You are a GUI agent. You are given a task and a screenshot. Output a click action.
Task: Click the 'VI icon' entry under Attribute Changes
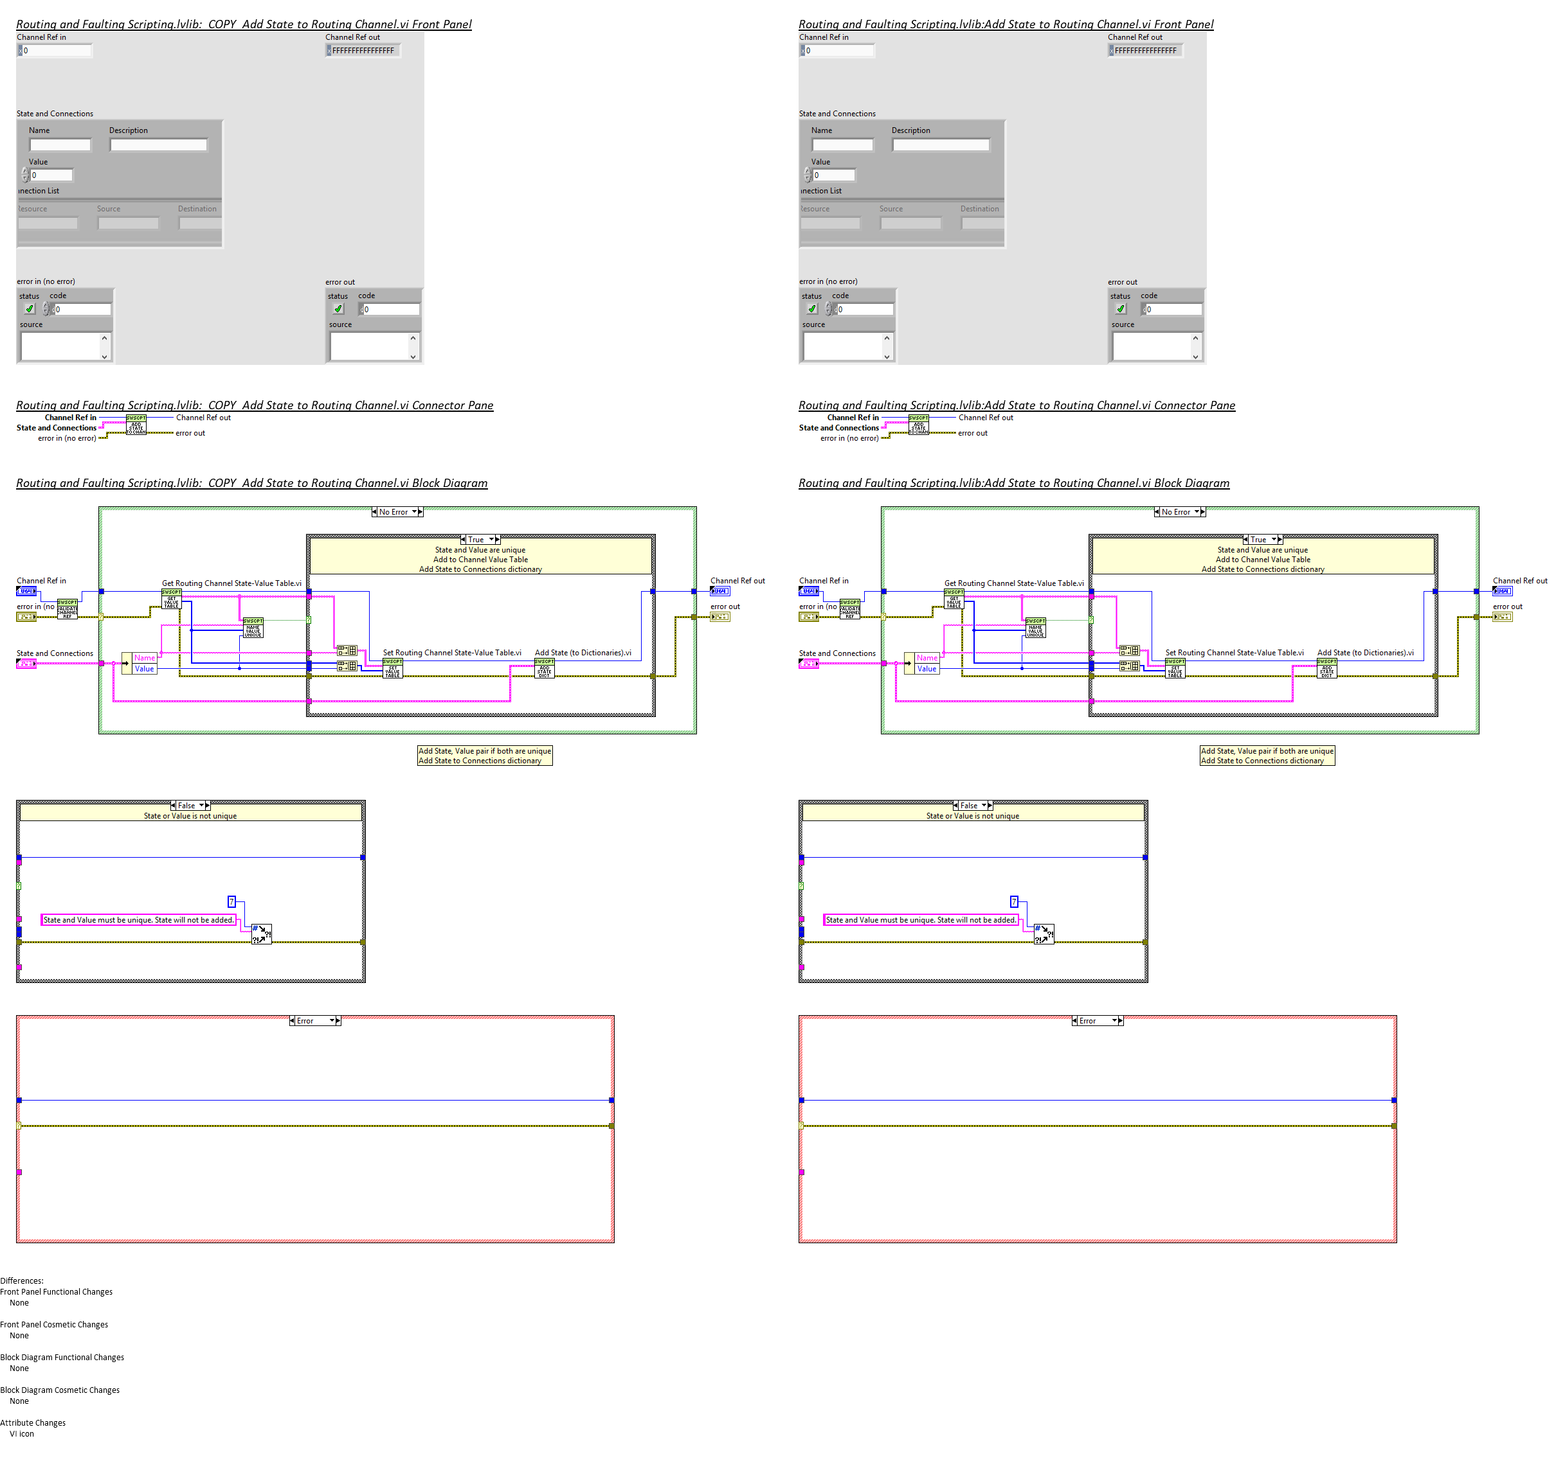[22, 1433]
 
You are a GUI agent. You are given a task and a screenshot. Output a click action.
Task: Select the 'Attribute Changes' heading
[33, 1422]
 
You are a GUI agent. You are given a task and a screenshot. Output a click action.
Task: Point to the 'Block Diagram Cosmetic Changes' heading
[60, 1390]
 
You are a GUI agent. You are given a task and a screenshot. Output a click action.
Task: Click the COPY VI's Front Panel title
[244, 24]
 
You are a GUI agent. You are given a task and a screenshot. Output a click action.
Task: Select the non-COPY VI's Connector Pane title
[1017, 405]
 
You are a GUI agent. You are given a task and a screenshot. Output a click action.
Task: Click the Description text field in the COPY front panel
[158, 145]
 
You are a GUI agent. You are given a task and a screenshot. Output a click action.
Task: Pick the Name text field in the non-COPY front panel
[842, 145]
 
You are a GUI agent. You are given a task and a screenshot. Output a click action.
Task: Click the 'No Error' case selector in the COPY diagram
[397, 512]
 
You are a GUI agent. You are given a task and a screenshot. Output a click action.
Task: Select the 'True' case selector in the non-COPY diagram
[1263, 540]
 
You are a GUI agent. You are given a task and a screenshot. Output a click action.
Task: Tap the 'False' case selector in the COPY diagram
[190, 806]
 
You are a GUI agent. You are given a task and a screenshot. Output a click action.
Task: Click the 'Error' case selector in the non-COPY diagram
[1098, 1020]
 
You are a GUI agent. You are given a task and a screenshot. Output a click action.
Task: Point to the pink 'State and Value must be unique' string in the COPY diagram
[138, 920]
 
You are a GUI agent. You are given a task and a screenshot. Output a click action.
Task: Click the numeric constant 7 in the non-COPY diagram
[1014, 901]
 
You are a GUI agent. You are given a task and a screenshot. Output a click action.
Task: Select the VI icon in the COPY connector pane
[136, 425]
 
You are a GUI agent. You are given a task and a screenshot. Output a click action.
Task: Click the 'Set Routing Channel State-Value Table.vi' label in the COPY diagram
[452, 652]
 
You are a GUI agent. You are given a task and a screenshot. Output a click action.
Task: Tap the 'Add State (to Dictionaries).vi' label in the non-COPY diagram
[1365, 652]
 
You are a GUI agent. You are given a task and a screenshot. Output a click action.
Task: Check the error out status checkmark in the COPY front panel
[338, 309]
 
